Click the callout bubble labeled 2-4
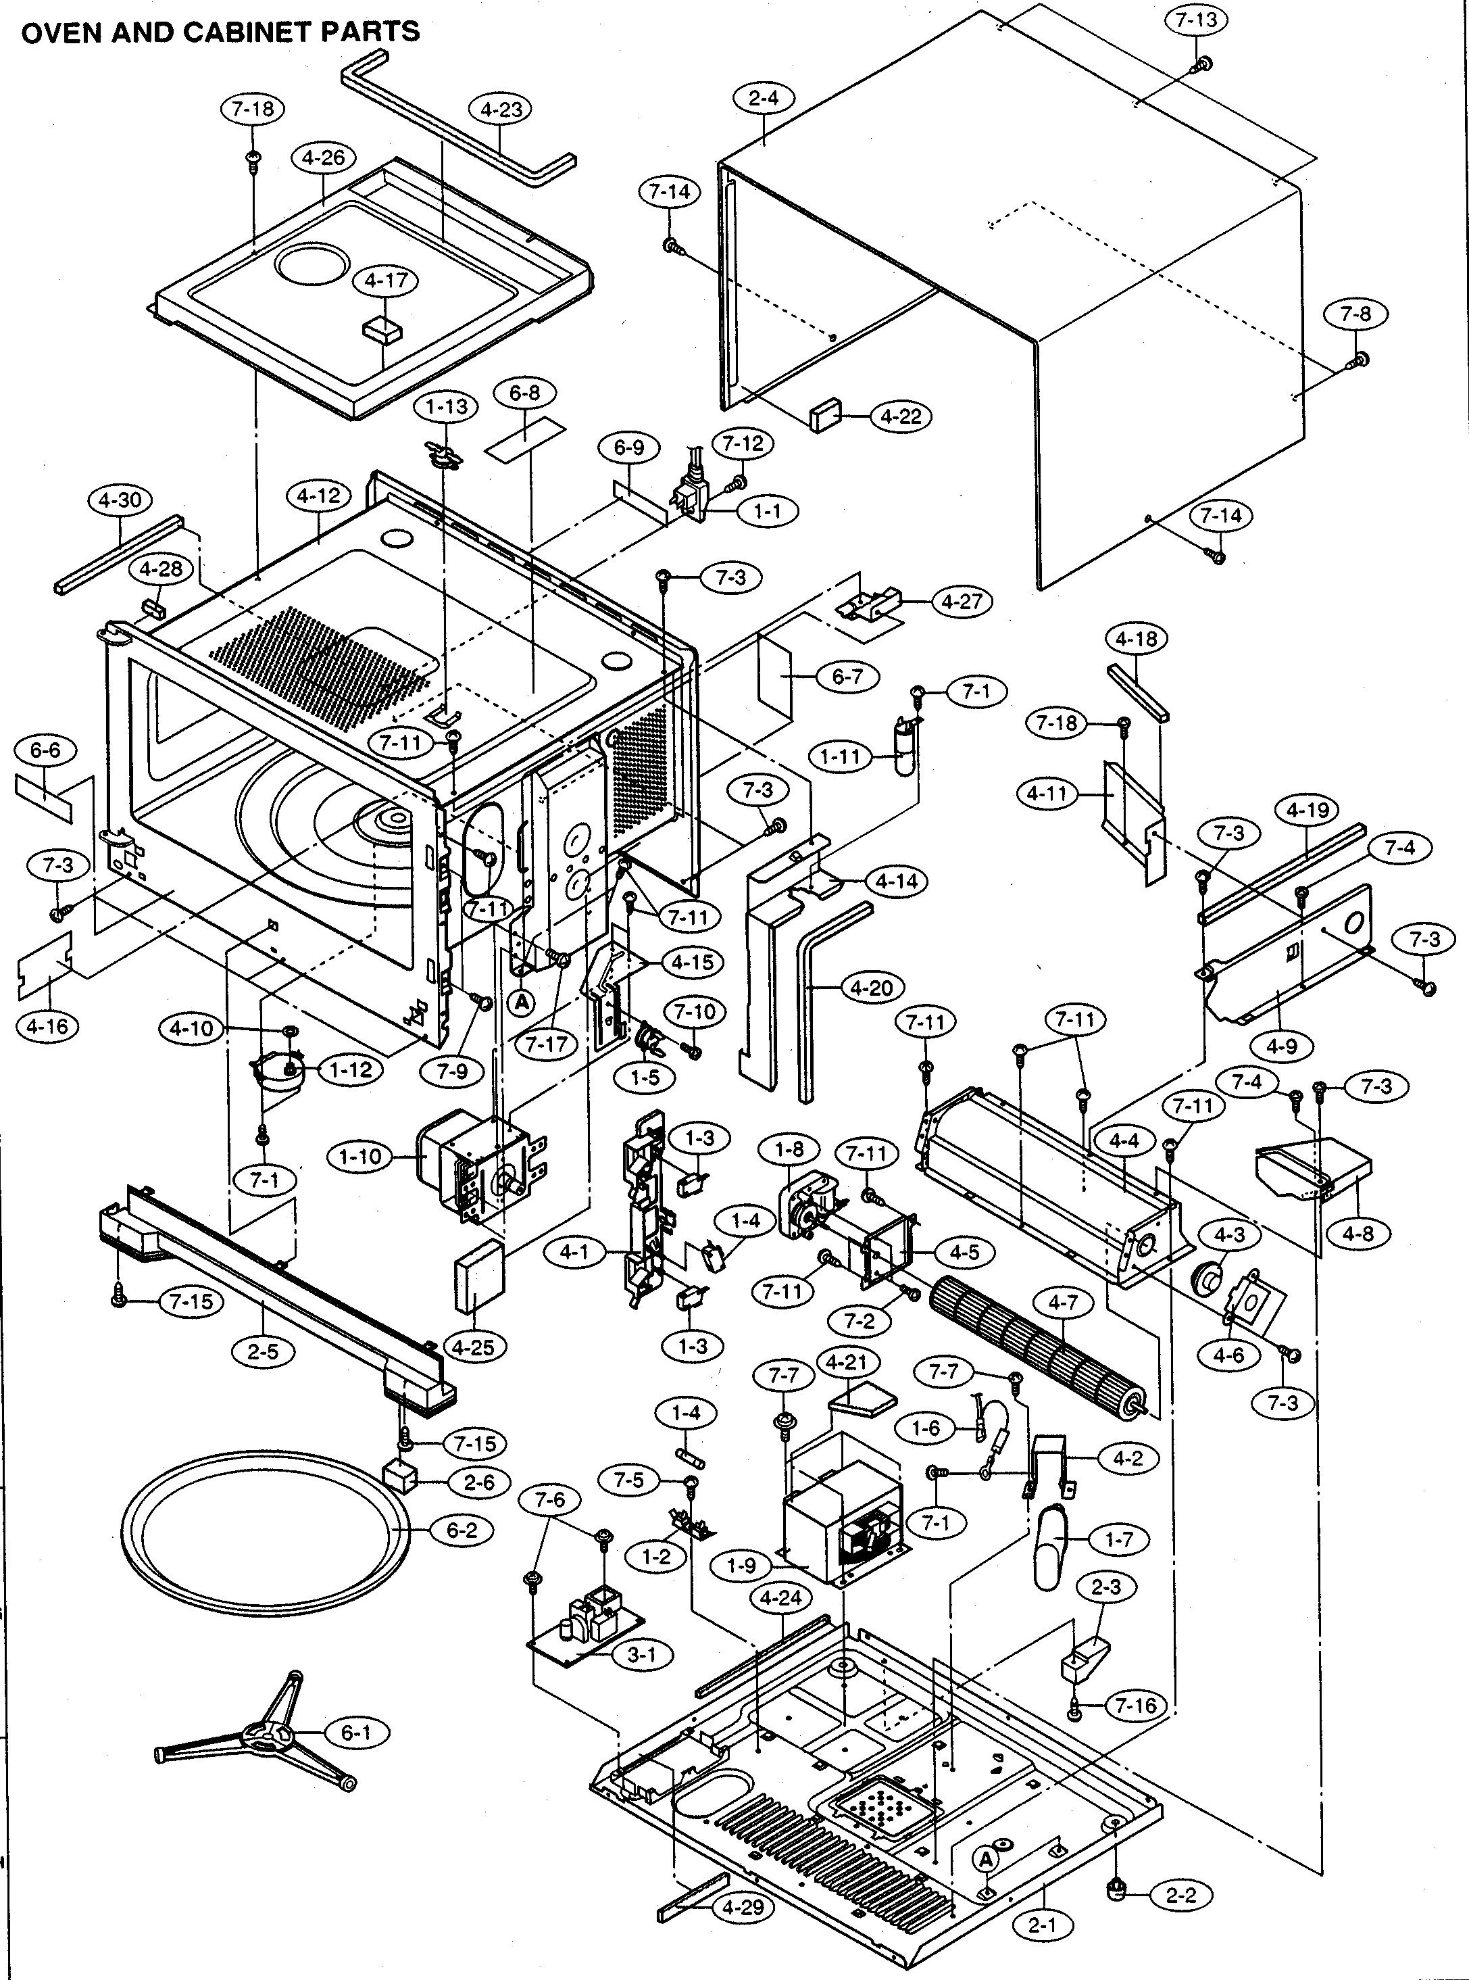763,99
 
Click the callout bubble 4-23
500,110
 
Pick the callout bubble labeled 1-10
360,1157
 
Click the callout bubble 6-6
45,750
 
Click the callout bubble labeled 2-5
264,1352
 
